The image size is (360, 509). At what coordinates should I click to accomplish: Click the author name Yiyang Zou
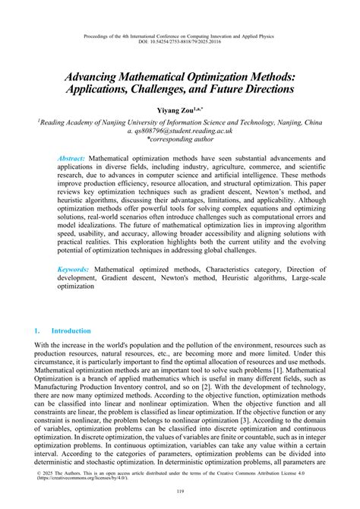pyautogui.click(x=175, y=112)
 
